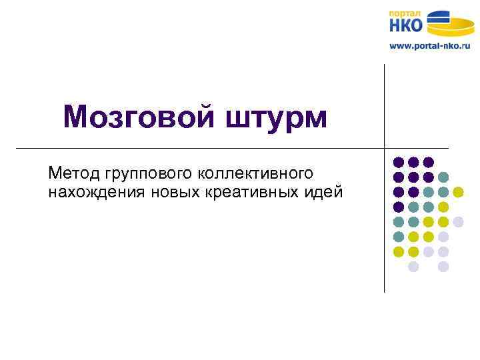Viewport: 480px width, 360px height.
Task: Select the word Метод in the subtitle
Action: click(x=73, y=173)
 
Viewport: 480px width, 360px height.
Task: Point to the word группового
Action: click(x=147, y=175)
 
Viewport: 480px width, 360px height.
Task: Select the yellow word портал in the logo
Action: click(x=405, y=13)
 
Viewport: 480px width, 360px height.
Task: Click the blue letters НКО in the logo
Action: click(x=406, y=26)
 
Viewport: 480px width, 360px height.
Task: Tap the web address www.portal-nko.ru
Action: click(x=429, y=46)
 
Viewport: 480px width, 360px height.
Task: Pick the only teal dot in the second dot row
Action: click(x=443, y=177)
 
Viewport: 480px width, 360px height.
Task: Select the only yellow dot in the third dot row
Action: click(x=458, y=192)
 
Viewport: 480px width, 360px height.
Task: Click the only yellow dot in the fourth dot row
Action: click(x=443, y=207)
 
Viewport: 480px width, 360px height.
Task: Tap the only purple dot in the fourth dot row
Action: click(x=399, y=207)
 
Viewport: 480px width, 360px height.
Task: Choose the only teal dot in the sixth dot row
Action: click(x=399, y=237)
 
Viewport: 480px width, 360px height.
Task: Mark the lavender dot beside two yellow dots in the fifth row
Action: click(x=458, y=221)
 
